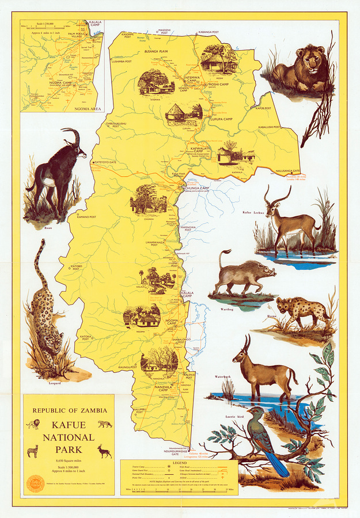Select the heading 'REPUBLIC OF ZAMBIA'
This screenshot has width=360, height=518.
(69, 410)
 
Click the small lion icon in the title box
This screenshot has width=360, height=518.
(33, 425)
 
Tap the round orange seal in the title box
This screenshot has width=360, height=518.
(35, 483)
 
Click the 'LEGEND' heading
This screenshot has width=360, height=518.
(179, 463)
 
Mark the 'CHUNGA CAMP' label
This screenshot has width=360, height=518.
(196, 188)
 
